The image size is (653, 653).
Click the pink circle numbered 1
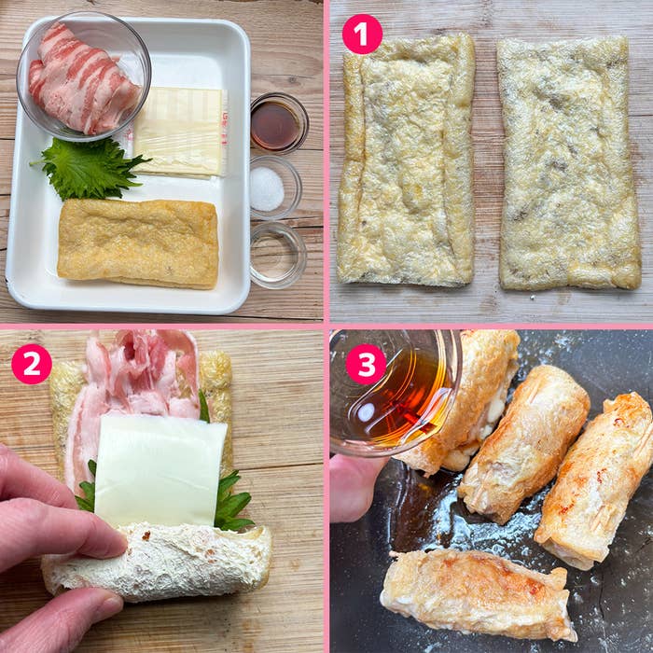(x=362, y=35)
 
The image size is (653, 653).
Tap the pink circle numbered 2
(x=32, y=364)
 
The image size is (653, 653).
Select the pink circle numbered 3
(x=366, y=364)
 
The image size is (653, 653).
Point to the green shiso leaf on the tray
(x=90, y=167)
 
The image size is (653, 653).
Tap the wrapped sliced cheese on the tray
(x=180, y=132)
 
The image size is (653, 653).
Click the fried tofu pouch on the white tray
(x=139, y=243)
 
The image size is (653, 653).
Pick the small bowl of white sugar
(x=275, y=188)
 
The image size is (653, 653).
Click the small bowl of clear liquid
(x=278, y=256)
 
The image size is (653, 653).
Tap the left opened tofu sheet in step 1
(x=406, y=160)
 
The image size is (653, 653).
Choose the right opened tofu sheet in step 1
(x=569, y=163)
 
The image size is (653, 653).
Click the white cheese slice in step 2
(x=160, y=470)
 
